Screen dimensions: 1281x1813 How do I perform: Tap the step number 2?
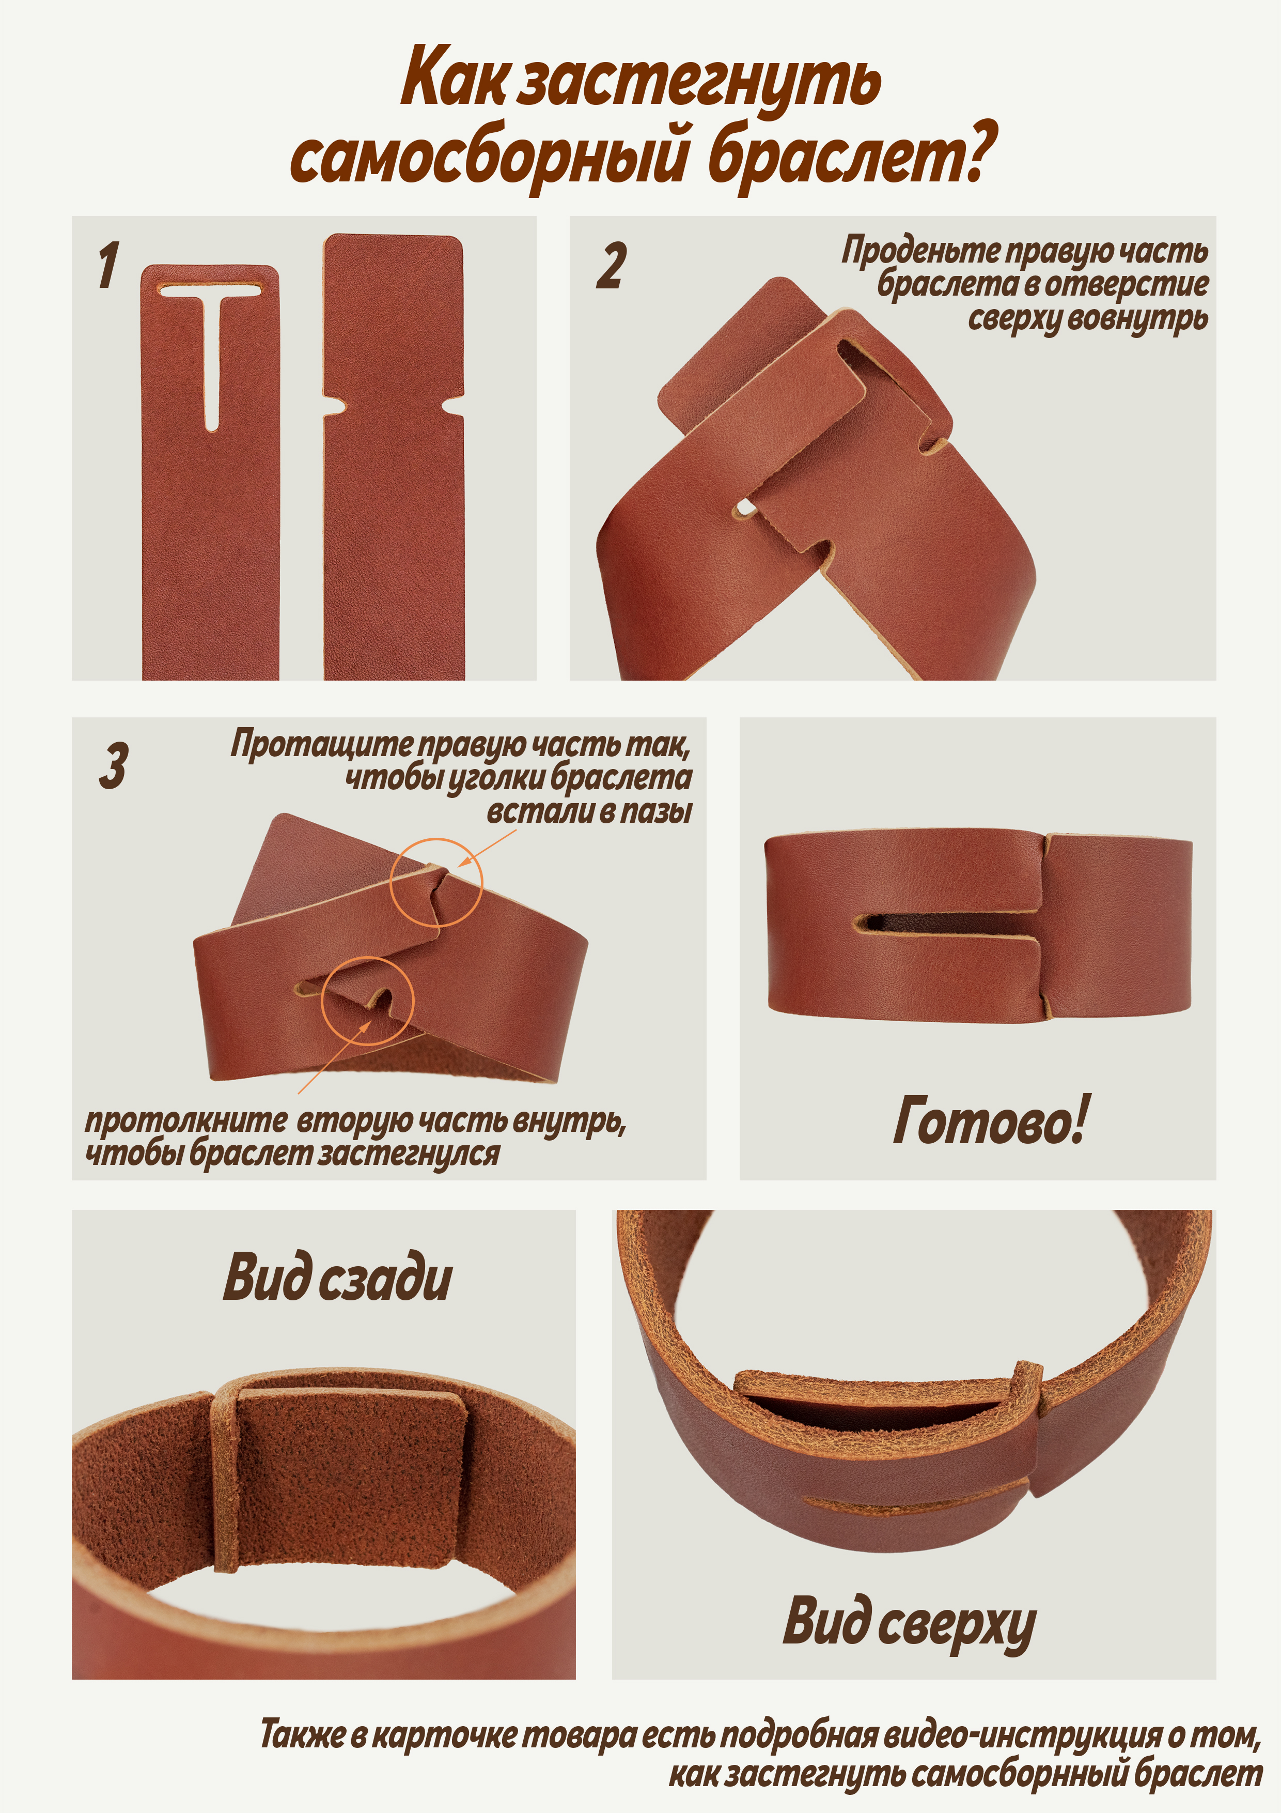[x=611, y=266]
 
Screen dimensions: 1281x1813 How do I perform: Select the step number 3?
[x=113, y=765]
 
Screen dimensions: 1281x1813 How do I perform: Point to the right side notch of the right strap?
[x=453, y=407]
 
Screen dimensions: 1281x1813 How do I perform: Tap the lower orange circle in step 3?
[x=368, y=1001]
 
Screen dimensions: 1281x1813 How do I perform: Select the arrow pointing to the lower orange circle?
[x=334, y=1056]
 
